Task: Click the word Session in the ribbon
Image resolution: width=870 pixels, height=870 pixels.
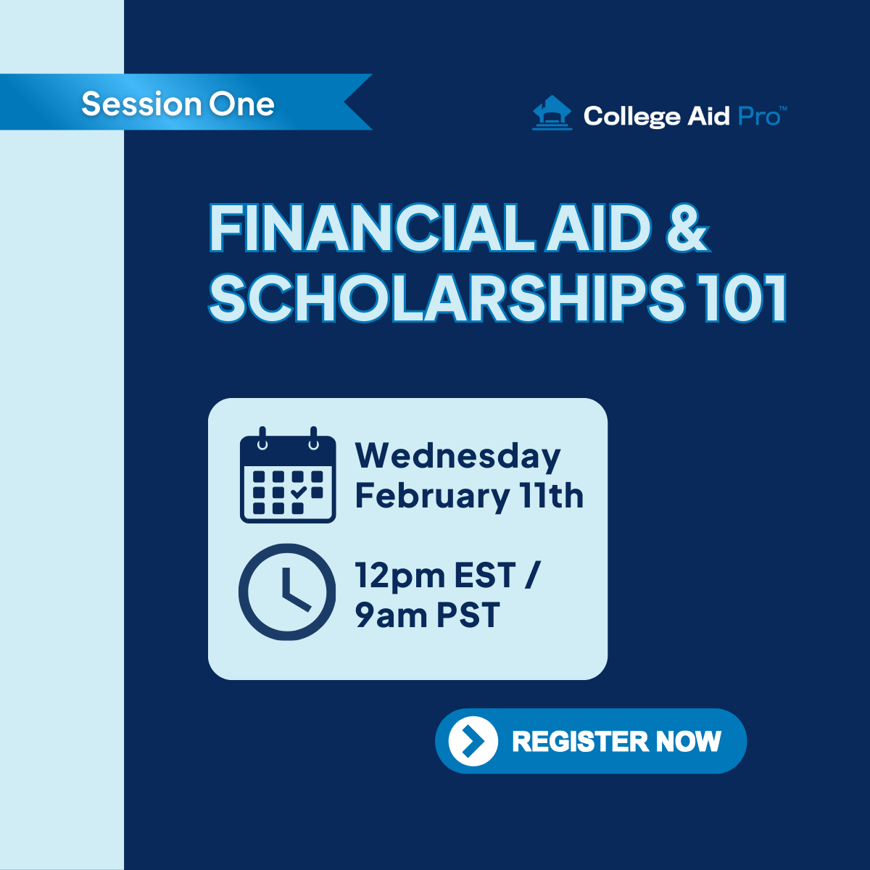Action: pos(141,104)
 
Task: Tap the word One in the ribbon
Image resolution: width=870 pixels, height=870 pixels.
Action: pos(241,104)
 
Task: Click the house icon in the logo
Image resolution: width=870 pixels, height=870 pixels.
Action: pos(552,112)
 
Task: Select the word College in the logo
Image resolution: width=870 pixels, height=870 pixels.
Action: pos(632,117)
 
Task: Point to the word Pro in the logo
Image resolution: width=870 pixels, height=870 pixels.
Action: pos(760,117)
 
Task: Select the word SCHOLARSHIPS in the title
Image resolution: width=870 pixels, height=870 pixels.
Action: pos(446,298)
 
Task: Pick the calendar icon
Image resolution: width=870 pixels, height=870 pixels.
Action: pos(288,474)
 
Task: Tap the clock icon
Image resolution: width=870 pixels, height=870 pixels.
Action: pos(287,592)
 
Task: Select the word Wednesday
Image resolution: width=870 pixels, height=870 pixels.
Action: pos(457,456)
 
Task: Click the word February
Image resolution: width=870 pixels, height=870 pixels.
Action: pos(432,496)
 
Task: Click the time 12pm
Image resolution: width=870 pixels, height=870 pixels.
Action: pos(400,576)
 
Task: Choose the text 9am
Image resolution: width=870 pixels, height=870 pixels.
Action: pos(391,615)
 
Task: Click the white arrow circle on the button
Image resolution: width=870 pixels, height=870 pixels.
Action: pos(473,741)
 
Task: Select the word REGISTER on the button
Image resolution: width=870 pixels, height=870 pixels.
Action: pos(580,742)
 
